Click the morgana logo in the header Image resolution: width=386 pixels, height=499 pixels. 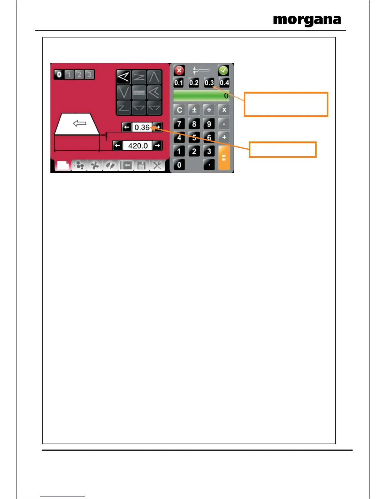tap(307, 20)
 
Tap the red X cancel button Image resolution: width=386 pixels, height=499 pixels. tap(179, 70)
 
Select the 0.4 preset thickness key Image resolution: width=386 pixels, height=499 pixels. tap(224, 83)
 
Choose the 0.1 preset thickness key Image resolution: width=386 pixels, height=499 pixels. tap(178, 83)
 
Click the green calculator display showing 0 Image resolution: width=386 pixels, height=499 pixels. tap(201, 96)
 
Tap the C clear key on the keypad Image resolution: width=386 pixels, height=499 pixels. tap(179, 110)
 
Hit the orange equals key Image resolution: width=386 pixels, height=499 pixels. tap(224, 158)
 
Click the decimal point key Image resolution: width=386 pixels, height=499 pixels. tap(209, 164)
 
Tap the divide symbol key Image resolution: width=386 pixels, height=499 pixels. tap(209, 110)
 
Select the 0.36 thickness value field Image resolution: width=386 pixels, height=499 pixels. tap(142, 127)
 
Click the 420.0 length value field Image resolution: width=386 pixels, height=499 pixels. tap(138, 146)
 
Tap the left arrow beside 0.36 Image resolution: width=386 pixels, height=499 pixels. tap(126, 127)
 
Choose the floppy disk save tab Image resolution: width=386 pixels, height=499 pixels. tap(141, 165)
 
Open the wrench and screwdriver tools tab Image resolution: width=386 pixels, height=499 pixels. tap(157, 165)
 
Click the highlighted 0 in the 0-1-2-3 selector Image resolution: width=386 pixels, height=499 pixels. tap(59, 75)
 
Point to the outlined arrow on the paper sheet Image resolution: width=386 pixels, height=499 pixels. tap(79, 123)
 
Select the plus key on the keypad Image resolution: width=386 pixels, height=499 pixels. tap(224, 137)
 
